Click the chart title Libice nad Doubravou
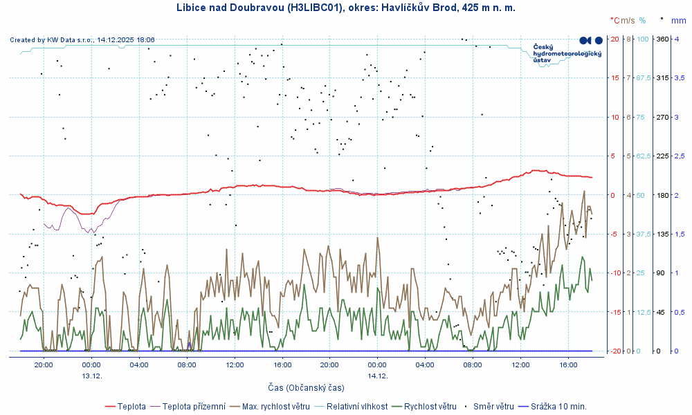pyautogui.click(x=345, y=8)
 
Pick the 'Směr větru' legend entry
pyautogui.click(x=493, y=406)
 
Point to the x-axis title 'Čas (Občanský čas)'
pyautogui.click(x=306, y=387)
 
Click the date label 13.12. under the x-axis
pyautogui.click(x=92, y=376)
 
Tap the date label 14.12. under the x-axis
pyautogui.click(x=377, y=376)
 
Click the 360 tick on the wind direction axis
pyautogui.click(x=662, y=39)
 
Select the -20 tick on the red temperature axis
pyautogui.click(x=614, y=351)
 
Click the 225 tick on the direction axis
pyautogui.click(x=662, y=156)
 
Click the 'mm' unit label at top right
pyautogui.click(x=678, y=21)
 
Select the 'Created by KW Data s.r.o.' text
pyautogui.click(x=82, y=40)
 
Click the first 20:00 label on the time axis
pyautogui.click(x=44, y=365)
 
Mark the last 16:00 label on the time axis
pyautogui.click(x=567, y=365)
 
